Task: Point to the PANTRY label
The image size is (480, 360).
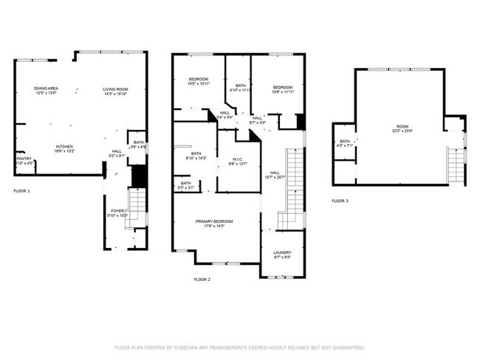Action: click(x=24, y=158)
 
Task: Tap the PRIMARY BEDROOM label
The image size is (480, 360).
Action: click(x=214, y=221)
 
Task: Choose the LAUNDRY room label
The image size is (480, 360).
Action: click(x=282, y=252)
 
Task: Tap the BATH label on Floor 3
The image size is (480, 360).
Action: click(x=345, y=141)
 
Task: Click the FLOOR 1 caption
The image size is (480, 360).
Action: click(x=22, y=191)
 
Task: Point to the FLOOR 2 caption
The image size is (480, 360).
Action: click(x=202, y=280)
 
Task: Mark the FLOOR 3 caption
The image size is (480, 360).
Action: click(x=339, y=201)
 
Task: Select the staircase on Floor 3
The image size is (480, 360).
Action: click(x=456, y=165)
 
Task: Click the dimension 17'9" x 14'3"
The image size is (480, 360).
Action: click(x=214, y=226)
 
